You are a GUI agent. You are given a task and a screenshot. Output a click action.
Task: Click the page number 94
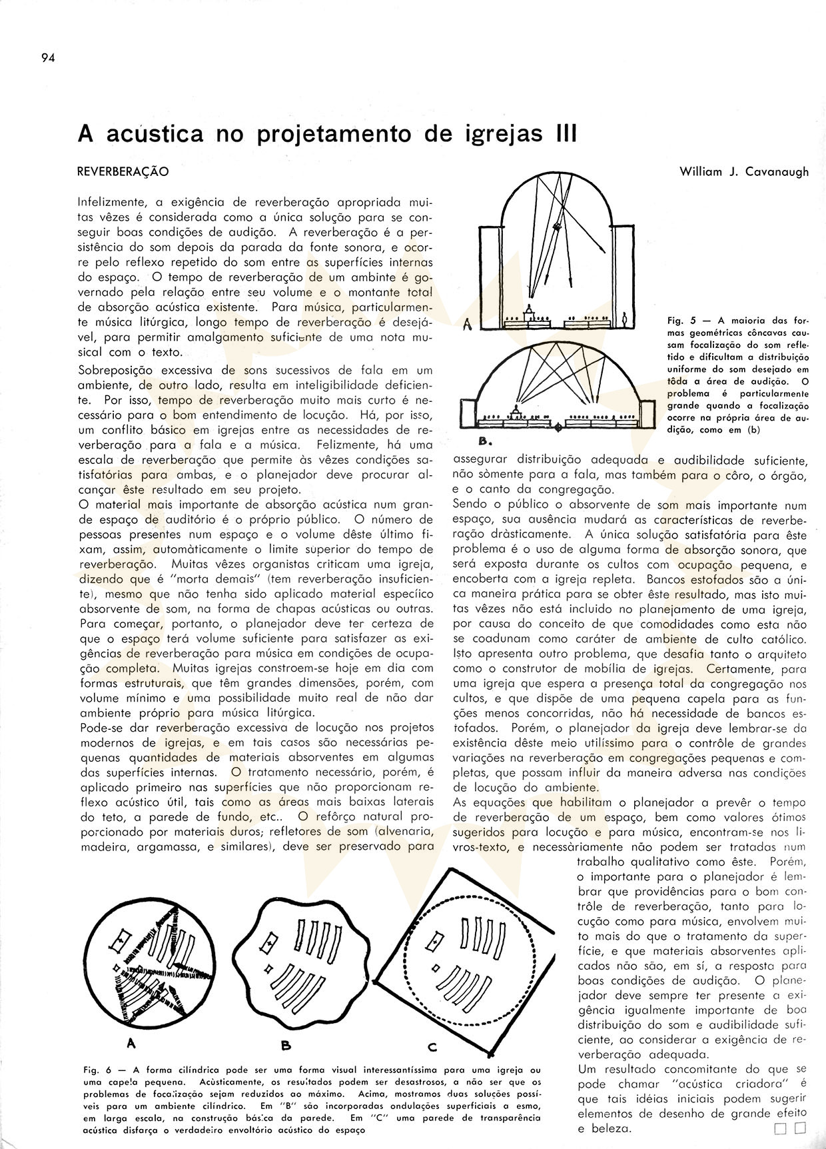pos(47,57)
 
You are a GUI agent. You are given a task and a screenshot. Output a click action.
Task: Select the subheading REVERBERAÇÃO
pos(123,172)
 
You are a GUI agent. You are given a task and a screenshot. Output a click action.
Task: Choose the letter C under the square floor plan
pos(431,1047)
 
